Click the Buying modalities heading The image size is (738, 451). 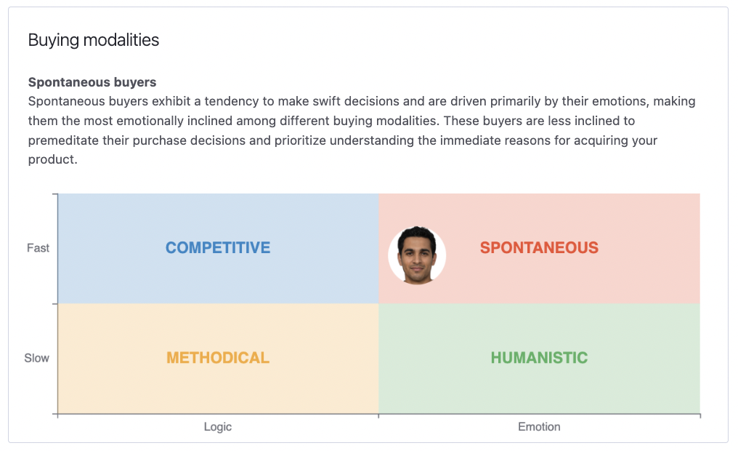coord(93,40)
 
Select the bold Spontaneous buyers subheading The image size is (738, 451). coord(92,82)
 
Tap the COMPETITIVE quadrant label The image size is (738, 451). coord(218,248)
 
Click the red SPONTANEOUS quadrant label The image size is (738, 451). coord(539,248)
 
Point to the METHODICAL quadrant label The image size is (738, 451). coord(218,358)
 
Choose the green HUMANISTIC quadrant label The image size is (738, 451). coord(539,358)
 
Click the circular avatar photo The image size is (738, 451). coord(417,255)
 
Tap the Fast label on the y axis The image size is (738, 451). coord(38,248)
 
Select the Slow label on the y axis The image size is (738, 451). coord(37,358)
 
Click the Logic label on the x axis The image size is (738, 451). coord(218,427)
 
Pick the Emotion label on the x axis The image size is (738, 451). coord(539,427)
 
